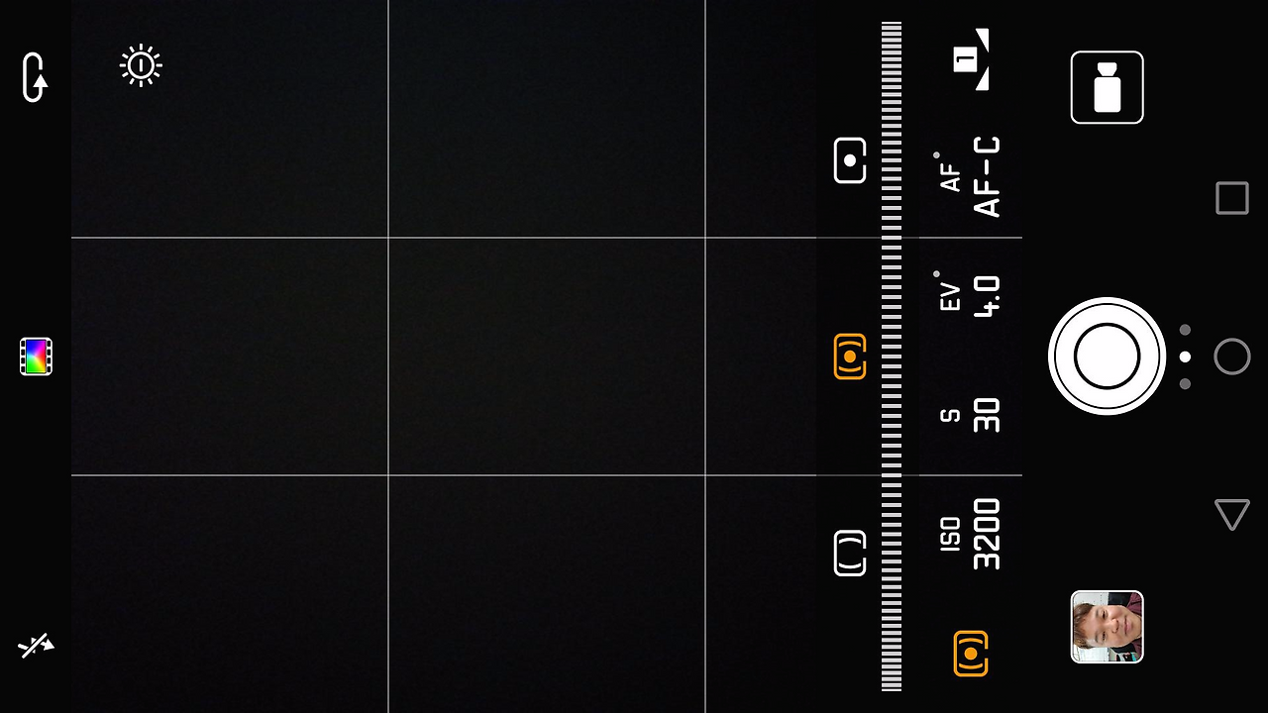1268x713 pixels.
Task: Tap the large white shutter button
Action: point(1107,356)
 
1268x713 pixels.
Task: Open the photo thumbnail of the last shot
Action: point(1107,627)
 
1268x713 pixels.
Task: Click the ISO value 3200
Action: point(987,535)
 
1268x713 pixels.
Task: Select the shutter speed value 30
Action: point(987,415)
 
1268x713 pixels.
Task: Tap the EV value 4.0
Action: point(987,296)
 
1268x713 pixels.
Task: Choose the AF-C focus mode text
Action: point(987,177)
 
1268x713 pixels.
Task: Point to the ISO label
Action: point(950,535)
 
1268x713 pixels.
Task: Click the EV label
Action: point(950,296)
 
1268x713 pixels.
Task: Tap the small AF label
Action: point(950,176)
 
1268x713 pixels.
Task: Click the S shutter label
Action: point(950,415)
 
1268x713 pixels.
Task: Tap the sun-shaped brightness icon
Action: point(141,66)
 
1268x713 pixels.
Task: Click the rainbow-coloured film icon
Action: point(36,356)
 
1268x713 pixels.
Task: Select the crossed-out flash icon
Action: point(36,647)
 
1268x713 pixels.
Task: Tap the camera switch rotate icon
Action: point(35,77)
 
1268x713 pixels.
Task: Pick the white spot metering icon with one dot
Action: point(850,160)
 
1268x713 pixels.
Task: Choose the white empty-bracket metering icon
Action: point(850,553)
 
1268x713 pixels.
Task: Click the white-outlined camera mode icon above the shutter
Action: point(1107,88)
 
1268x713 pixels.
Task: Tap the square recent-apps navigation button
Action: point(1231,198)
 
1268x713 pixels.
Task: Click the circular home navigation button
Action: point(1231,356)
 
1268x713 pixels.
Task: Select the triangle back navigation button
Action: point(1231,514)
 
